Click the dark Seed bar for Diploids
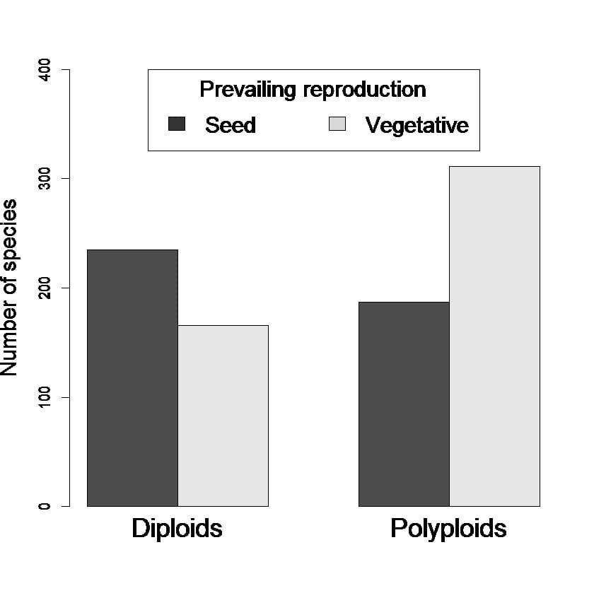[x=132, y=377]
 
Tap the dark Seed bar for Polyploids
[x=404, y=404]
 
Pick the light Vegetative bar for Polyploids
[x=494, y=336]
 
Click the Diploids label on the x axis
[x=177, y=529]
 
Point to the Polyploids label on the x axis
[x=448, y=529]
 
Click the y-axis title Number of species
[x=10, y=288]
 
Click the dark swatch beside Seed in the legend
[x=177, y=124]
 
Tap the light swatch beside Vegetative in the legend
[x=337, y=124]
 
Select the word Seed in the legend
[x=231, y=125]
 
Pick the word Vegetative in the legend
[x=417, y=125]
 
